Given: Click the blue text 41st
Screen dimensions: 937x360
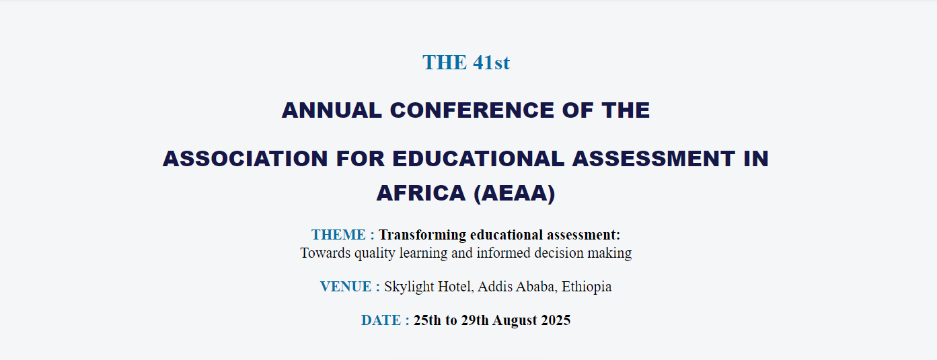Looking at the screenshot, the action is (492, 63).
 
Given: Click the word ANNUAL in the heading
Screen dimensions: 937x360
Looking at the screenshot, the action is (332, 110).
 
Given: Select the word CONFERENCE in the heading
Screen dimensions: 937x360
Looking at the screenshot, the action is (472, 110).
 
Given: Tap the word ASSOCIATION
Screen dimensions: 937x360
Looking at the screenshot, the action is (245, 159).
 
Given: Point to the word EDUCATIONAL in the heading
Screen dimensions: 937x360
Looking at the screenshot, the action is (478, 159).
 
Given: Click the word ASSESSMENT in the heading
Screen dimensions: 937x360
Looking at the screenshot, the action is (653, 159).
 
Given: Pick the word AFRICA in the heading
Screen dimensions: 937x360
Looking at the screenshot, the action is (421, 193).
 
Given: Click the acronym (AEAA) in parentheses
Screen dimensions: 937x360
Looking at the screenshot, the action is (515, 193).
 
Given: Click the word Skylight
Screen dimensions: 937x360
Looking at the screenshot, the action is (409, 287).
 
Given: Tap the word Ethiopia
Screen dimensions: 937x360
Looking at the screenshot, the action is (587, 287).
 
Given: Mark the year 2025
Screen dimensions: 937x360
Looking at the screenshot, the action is (556, 320).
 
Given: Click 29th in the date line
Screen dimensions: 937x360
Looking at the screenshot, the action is (475, 320).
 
